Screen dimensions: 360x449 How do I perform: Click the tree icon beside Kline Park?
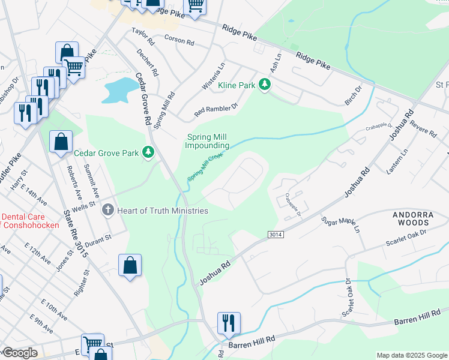click(264, 86)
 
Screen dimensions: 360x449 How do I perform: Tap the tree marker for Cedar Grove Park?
click(148, 153)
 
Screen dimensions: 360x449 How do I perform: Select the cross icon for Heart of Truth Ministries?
click(108, 210)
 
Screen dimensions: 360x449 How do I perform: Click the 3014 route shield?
click(274, 233)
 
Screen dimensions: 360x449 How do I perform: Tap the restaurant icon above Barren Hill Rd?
click(228, 323)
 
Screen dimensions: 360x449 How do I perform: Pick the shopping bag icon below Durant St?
click(130, 265)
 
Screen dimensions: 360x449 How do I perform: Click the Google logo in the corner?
click(19, 353)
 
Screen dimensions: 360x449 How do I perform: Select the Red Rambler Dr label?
click(216, 109)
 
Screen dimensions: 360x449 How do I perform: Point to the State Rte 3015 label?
click(76, 234)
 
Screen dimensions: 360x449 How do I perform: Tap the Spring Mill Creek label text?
click(205, 167)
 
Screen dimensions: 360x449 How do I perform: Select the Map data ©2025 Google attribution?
click(411, 355)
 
